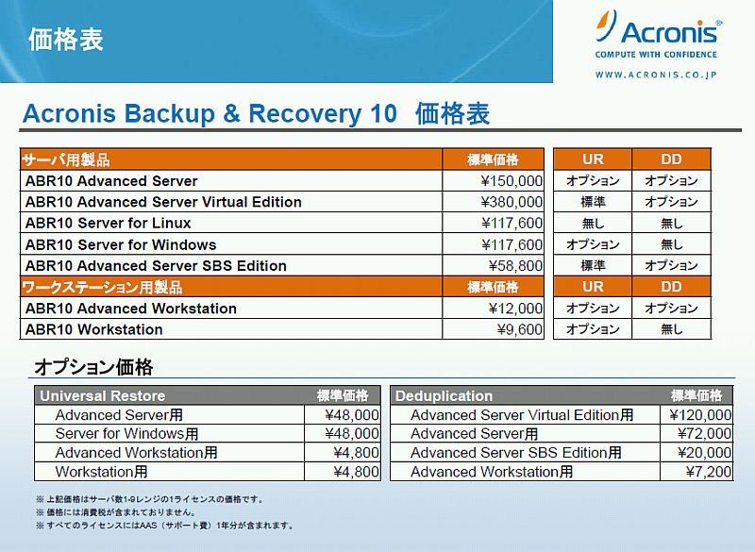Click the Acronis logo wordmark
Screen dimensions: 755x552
(x=669, y=32)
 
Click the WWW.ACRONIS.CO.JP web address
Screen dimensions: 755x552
(x=656, y=75)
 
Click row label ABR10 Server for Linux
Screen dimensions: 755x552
(x=108, y=224)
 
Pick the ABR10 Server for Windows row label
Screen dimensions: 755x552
(x=121, y=244)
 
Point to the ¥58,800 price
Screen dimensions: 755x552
(x=515, y=266)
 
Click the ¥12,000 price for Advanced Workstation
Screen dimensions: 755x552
(x=515, y=309)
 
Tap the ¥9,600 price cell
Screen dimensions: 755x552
(x=520, y=329)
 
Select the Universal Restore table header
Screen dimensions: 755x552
(x=103, y=395)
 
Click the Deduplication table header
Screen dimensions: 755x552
(x=444, y=395)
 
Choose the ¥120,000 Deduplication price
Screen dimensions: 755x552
(x=700, y=415)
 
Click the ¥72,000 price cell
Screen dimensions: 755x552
(x=704, y=434)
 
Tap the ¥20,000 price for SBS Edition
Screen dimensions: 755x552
(x=704, y=453)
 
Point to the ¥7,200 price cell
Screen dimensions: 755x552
(x=709, y=472)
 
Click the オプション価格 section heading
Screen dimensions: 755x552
(x=93, y=367)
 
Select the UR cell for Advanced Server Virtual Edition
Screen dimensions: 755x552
(x=593, y=202)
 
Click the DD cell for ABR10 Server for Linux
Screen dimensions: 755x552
(x=672, y=224)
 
